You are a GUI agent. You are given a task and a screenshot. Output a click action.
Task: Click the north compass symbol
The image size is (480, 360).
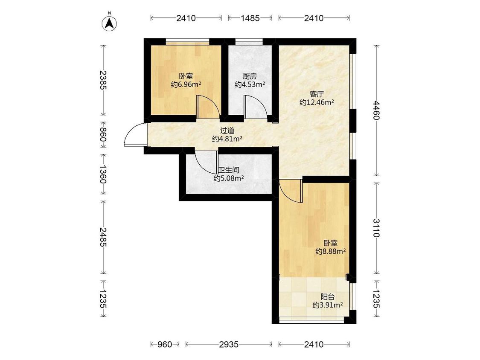pos(109,22)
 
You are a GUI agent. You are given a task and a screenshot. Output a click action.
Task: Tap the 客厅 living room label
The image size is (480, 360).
pos(317,94)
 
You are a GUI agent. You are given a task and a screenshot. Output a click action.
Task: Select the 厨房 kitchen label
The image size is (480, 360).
pos(250,76)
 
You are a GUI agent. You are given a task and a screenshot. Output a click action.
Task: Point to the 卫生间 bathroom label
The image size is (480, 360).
pos(229,170)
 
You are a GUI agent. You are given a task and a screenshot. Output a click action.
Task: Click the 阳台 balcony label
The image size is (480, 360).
pos(328,296)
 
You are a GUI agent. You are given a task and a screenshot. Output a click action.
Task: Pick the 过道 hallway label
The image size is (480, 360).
pos(227,131)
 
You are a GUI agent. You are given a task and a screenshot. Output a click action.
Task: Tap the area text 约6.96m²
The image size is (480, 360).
pos(186,84)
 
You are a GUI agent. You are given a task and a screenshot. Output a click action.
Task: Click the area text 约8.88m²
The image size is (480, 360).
pos(331,251)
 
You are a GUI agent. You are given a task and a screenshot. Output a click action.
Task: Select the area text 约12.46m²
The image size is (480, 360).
pos(317,102)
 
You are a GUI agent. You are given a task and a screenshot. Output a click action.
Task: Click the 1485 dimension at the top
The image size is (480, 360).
pos(250,18)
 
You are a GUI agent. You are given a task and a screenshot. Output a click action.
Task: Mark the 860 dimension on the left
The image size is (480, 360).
pos(103,135)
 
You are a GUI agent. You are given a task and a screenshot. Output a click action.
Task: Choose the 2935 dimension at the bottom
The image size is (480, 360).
pos(229,344)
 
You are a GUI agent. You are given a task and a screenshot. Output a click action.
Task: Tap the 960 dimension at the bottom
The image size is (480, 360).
pos(165,344)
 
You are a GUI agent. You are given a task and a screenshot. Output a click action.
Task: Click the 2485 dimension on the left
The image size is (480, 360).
pos(103,237)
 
